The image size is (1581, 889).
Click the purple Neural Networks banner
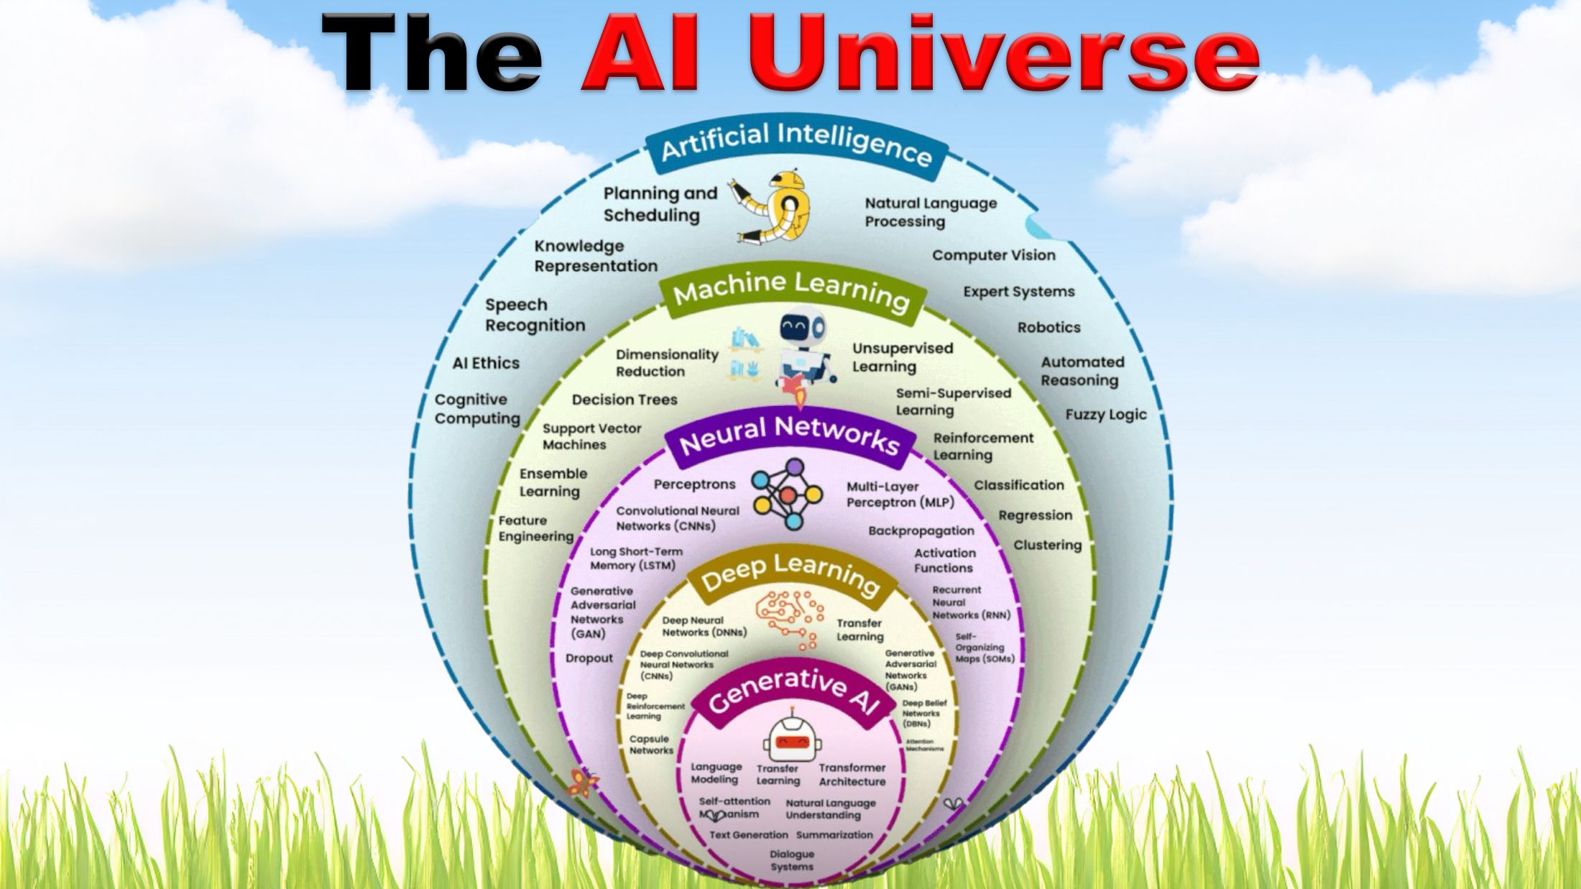tap(789, 436)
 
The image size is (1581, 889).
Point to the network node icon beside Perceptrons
tap(787, 494)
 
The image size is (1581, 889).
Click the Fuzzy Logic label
tap(1105, 415)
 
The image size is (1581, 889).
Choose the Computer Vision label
tap(993, 255)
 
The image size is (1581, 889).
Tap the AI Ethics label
tap(486, 363)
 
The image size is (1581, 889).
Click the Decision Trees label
tap(624, 400)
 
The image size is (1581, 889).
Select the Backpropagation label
tap(921, 531)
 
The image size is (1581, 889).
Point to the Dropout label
tap(589, 658)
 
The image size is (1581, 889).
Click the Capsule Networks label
tap(651, 745)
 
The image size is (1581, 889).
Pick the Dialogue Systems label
tap(791, 860)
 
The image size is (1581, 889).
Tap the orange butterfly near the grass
tap(581, 783)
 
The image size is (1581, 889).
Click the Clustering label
tap(1047, 545)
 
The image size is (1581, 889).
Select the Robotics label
tap(1048, 328)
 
